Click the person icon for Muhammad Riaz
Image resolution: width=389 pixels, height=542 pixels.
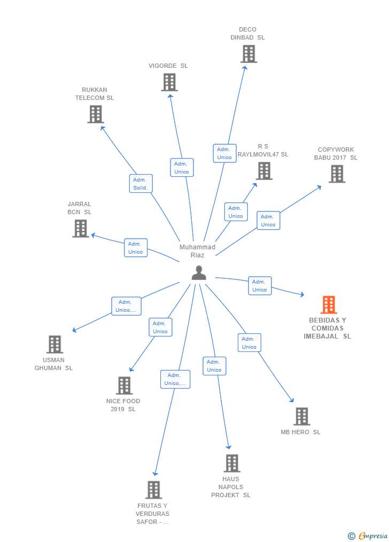pos(199,273)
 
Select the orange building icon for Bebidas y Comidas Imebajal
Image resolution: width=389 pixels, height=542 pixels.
pos(329,305)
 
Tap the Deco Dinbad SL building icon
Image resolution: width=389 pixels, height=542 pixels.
pos(248,54)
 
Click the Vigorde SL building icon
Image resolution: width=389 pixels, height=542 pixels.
pos(169,82)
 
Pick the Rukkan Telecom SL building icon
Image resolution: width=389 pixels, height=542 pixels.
pos(95,114)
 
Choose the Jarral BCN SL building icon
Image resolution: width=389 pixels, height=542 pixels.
pos(80,229)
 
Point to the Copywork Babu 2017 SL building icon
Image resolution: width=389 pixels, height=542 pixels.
pos(337,174)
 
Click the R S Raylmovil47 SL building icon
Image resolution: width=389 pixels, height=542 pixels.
pos(264,171)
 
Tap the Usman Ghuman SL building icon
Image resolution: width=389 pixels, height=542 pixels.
pos(55,344)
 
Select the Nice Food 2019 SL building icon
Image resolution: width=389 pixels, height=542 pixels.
pos(124,386)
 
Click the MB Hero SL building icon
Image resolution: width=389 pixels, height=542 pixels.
pos(301,417)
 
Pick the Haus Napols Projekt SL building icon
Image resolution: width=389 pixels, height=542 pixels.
pos(232,464)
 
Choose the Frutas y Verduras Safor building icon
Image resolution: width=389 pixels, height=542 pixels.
pos(153,490)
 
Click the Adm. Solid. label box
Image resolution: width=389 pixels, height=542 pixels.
pos(141,184)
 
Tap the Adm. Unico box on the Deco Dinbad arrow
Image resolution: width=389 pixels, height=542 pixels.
pos(224,153)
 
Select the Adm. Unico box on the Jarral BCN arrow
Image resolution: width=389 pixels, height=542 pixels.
pos(136,248)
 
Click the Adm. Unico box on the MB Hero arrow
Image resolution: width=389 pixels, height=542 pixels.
pos(249,343)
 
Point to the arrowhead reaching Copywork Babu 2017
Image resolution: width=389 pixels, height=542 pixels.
pos(319,187)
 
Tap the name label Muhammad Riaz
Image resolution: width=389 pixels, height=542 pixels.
pos(197,251)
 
